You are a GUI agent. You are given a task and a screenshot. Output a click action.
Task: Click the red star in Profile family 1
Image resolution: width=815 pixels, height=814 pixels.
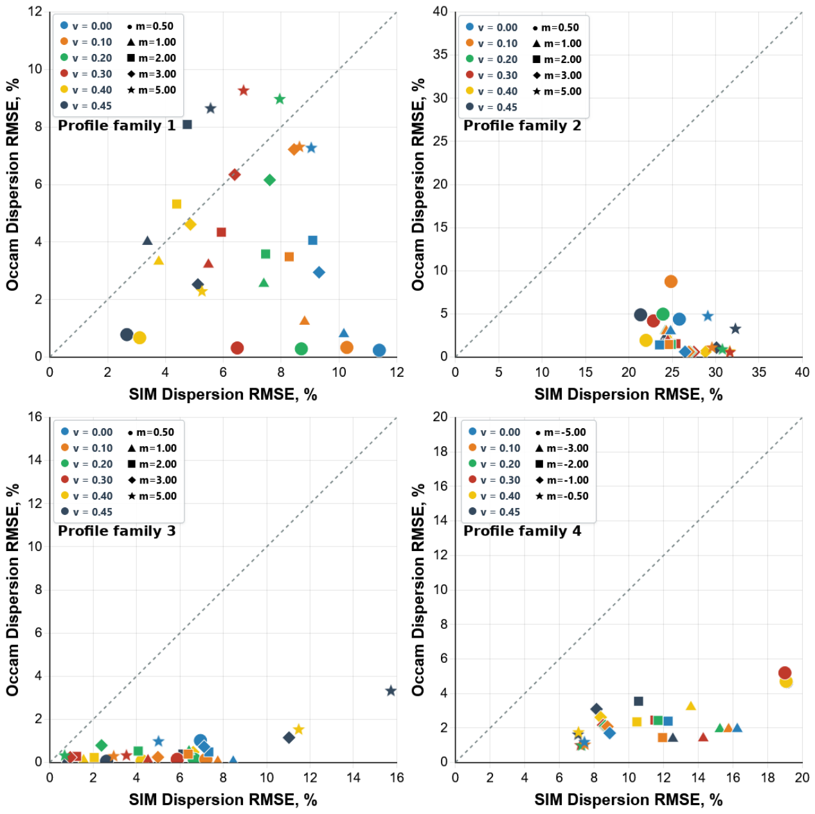[x=243, y=91]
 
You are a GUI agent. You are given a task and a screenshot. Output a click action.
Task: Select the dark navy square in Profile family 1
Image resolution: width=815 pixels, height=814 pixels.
[x=187, y=125]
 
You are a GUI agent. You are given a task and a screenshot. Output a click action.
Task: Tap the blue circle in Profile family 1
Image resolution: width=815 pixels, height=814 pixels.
[x=379, y=350]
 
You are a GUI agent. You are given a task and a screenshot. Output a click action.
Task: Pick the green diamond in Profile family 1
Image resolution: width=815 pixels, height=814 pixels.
[x=269, y=180]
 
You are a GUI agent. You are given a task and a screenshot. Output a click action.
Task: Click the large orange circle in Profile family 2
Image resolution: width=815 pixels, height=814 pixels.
[x=670, y=282]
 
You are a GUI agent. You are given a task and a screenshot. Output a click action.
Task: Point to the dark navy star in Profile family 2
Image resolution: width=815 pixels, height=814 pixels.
[x=735, y=329]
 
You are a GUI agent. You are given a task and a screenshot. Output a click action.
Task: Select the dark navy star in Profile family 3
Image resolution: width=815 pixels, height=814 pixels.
[x=390, y=691]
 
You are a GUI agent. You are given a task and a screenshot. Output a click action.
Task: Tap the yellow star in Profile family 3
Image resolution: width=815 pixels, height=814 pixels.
[x=299, y=729]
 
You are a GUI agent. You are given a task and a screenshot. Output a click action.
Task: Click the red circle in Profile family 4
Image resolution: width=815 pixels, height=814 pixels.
[x=785, y=673]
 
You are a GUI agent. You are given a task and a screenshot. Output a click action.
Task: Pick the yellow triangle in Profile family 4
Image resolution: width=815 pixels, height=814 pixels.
[x=691, y=705]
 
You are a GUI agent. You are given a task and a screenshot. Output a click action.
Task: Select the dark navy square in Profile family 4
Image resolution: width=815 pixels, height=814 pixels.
[x=638, y=701]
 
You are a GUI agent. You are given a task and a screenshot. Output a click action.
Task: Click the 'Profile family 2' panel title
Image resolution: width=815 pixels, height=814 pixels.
[x=522, y=126]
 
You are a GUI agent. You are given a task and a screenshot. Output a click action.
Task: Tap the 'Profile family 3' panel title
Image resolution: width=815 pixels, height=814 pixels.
[x=116, y=531]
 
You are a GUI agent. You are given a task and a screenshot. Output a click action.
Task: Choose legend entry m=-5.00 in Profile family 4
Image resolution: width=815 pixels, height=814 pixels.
[x=561, y=432]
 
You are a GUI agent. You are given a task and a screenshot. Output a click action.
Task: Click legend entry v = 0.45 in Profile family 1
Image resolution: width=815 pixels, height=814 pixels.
[x=86, y=106]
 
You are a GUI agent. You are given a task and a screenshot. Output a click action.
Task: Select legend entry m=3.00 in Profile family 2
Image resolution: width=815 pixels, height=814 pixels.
[x=557, y=75]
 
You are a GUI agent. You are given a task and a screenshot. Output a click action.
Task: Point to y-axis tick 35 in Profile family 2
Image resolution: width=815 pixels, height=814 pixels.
[x=440, y=55]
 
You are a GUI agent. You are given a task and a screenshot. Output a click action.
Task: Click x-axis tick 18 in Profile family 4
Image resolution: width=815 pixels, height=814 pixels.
[x=767, y=777]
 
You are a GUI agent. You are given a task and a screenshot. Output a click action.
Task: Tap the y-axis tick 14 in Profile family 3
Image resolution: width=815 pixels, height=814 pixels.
[x=35, y=460]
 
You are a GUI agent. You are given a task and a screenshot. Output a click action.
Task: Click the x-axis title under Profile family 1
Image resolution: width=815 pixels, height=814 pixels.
[x=223, y=395]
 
